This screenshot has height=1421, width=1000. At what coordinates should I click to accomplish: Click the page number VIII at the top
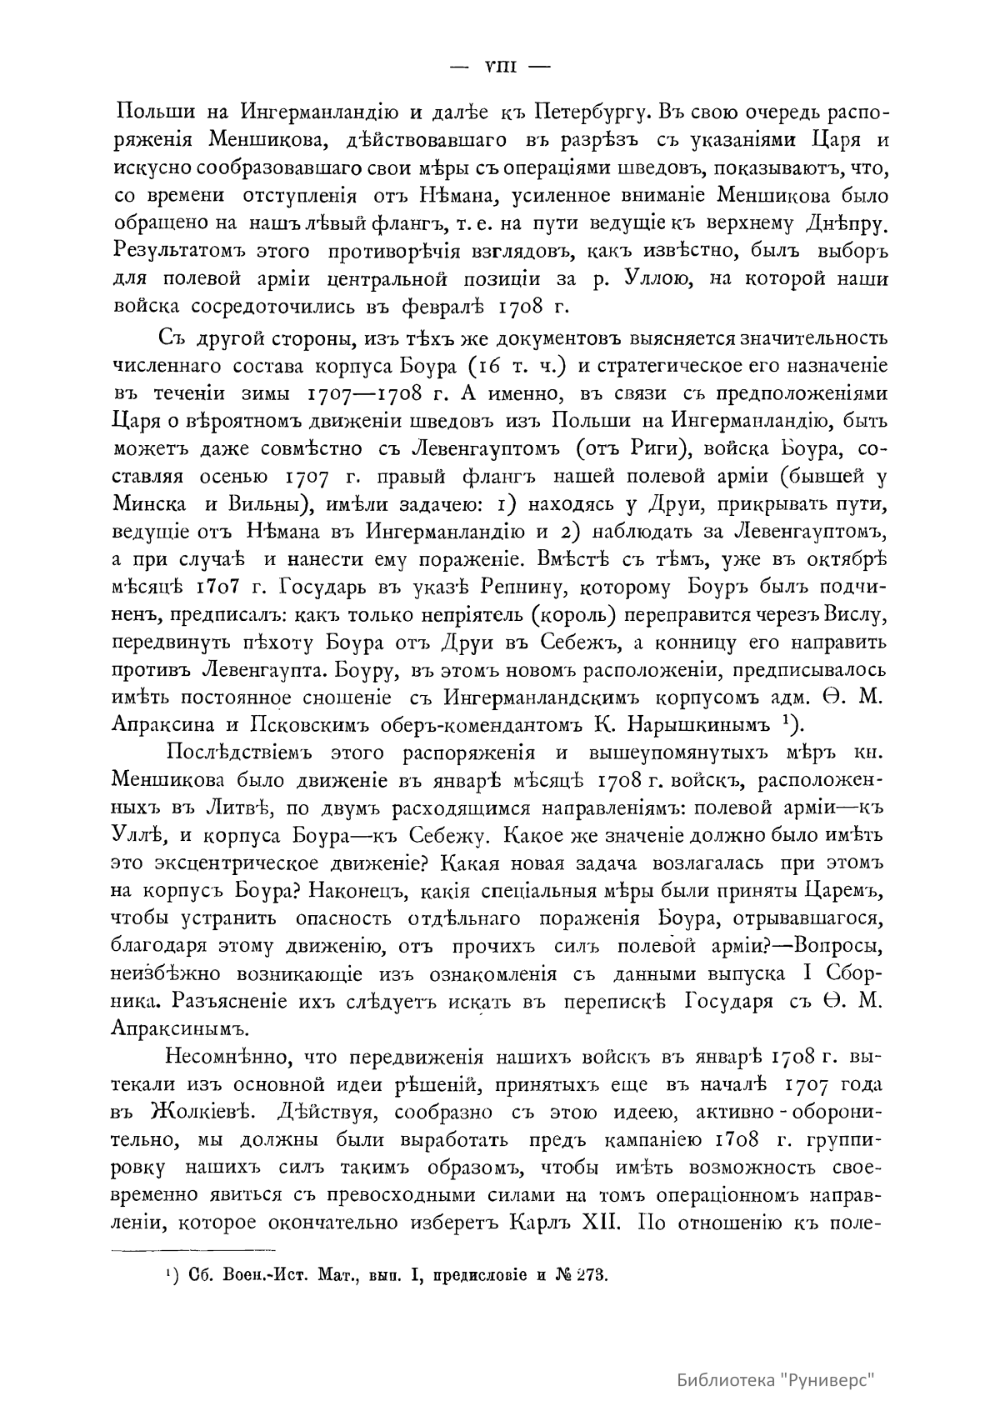point(500,68)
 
